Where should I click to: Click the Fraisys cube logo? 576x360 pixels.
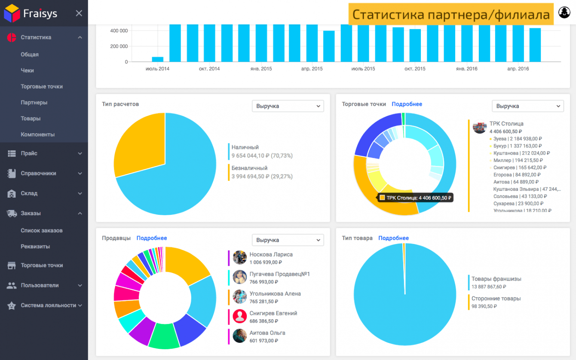pos(12,13)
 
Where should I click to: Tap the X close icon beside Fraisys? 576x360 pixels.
pos(79,13)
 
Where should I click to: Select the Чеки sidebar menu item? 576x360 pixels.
pos(27,70)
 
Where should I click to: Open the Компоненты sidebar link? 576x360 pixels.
pos(37,134)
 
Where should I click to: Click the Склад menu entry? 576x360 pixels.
pos(29,193)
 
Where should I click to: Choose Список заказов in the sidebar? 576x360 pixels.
pos(41,231)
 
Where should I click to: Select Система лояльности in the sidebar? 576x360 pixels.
pos(48,305)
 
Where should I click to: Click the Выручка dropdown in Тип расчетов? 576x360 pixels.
pos(288,106)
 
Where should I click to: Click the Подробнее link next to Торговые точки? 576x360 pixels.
pos(407,104)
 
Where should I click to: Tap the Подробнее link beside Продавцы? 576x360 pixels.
pos(152,238)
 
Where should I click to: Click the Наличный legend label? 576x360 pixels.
pos(245,147)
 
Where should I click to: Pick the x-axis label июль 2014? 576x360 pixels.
pos(157,69)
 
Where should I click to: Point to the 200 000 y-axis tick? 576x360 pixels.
pos(119,46)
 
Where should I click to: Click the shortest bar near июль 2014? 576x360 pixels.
pos(157,59)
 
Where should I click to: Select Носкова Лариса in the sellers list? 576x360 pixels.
pos(271,254)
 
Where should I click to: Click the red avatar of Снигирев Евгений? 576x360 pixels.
pos(239,317)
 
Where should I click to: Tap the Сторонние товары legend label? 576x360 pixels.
pos(496,299)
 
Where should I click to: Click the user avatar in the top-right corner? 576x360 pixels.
pos(564,12)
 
